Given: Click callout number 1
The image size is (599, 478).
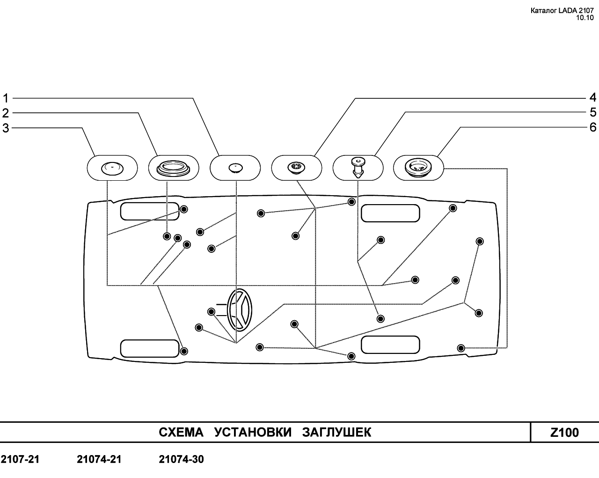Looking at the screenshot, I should pyautogui.click(x=6, y=98).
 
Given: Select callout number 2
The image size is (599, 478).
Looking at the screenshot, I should pyautogui.click(x=6, y=113).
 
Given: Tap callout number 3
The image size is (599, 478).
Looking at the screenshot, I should pyautogui.click(x=6, y=128).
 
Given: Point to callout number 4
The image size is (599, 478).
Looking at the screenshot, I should pyautogui.click(x=592, y=98).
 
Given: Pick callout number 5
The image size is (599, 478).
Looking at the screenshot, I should pyautogui.click(x=592, y=112).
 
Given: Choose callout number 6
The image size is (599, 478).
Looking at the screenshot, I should pyautogui.click(x=592, y=127).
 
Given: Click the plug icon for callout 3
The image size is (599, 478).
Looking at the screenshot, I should pyautogui.click(x=112, y=168).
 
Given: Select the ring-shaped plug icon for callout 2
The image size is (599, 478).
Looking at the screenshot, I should pyautogui.click(x=173, y=168).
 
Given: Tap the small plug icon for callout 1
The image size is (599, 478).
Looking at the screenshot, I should pyautogui.click(x=234, y=168).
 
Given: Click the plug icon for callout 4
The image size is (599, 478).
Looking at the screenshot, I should pyautogui.click(x=296, y=167).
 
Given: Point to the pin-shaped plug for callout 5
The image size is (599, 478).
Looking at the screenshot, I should pyautogui.click(x=358, y=167).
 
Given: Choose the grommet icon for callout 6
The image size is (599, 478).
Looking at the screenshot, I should pyautogui.click(x=418, y=167).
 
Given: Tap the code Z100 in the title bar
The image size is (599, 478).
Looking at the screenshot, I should pyautogui.click(x=564, y=433).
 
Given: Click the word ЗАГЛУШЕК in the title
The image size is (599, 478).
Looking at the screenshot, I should pyautogui.click(x=336, y=433).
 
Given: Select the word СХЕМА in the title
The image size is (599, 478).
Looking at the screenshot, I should pyautogui.click(x=181, y=433).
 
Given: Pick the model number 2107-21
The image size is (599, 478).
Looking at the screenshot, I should pyautogui.click(x=20, y=460).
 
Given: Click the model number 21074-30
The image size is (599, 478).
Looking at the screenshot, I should pyautogui.click(x=182, y=460).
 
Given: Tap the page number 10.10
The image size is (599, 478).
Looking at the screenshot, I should pyautogui.click(x=584, y=18).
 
